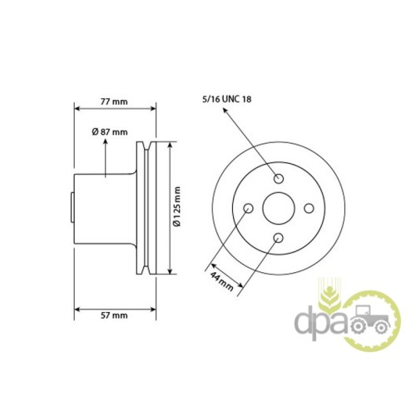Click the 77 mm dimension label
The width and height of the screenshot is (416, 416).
(114, 102)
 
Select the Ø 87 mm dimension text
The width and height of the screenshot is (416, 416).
(110, 131)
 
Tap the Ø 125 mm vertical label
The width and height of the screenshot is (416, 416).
(177, 206)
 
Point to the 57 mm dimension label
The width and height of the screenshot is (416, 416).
(114, 315)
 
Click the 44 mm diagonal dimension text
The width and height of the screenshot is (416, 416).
(222, 281)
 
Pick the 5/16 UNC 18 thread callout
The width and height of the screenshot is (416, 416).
(227, 99)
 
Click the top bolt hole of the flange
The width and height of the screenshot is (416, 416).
(279, 178)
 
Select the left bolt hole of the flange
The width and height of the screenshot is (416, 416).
(248, 208)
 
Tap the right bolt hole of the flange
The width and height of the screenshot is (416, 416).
(309, 208)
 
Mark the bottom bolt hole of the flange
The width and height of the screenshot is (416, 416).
(278, 238)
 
